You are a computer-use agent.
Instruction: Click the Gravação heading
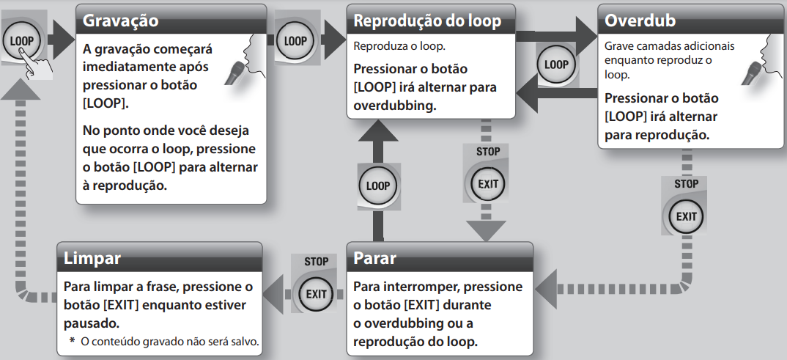[x=120, y=21]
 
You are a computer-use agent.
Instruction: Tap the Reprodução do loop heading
[x=427, y=21]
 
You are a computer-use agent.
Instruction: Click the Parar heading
[x=375, y=258]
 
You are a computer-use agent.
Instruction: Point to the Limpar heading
[x=92, y=258]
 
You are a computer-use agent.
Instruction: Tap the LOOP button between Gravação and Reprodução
[x=295, y=41]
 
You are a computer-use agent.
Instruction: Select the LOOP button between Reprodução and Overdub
[x=556, y=65]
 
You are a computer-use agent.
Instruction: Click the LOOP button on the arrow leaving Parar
[x=378, y=185]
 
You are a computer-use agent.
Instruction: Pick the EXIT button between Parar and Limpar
[x=316, y=294]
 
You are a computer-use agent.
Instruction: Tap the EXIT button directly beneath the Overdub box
[x=686, y=216]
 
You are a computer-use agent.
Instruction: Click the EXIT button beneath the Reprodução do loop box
[x=487, y=183]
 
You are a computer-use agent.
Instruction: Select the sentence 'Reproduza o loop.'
[x=399, y=46]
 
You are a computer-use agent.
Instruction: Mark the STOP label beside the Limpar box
[x=316, y=261]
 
